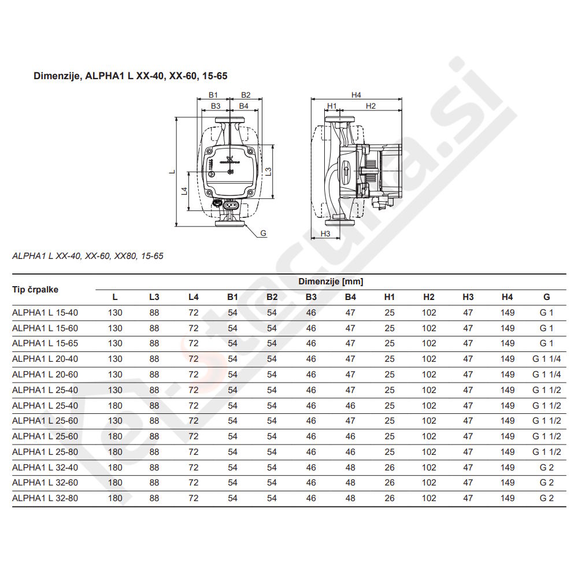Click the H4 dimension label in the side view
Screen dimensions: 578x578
(x=355, y=95)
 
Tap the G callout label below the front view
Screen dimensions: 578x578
(x=263, y=233)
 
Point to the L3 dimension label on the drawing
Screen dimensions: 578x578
(x=269, y=172)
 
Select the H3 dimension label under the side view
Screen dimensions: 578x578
(x=325, y=234)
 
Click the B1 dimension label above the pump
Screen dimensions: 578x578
(x=213, y=95)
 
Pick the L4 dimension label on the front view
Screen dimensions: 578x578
(x=184, y=191)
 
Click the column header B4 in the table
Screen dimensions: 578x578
(x=350, y=297)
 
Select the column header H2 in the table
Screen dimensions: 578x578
(x=429, y=297)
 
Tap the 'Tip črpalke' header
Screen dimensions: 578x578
(x=35, y=290)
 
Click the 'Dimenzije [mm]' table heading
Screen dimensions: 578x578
(x=331, y=281)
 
